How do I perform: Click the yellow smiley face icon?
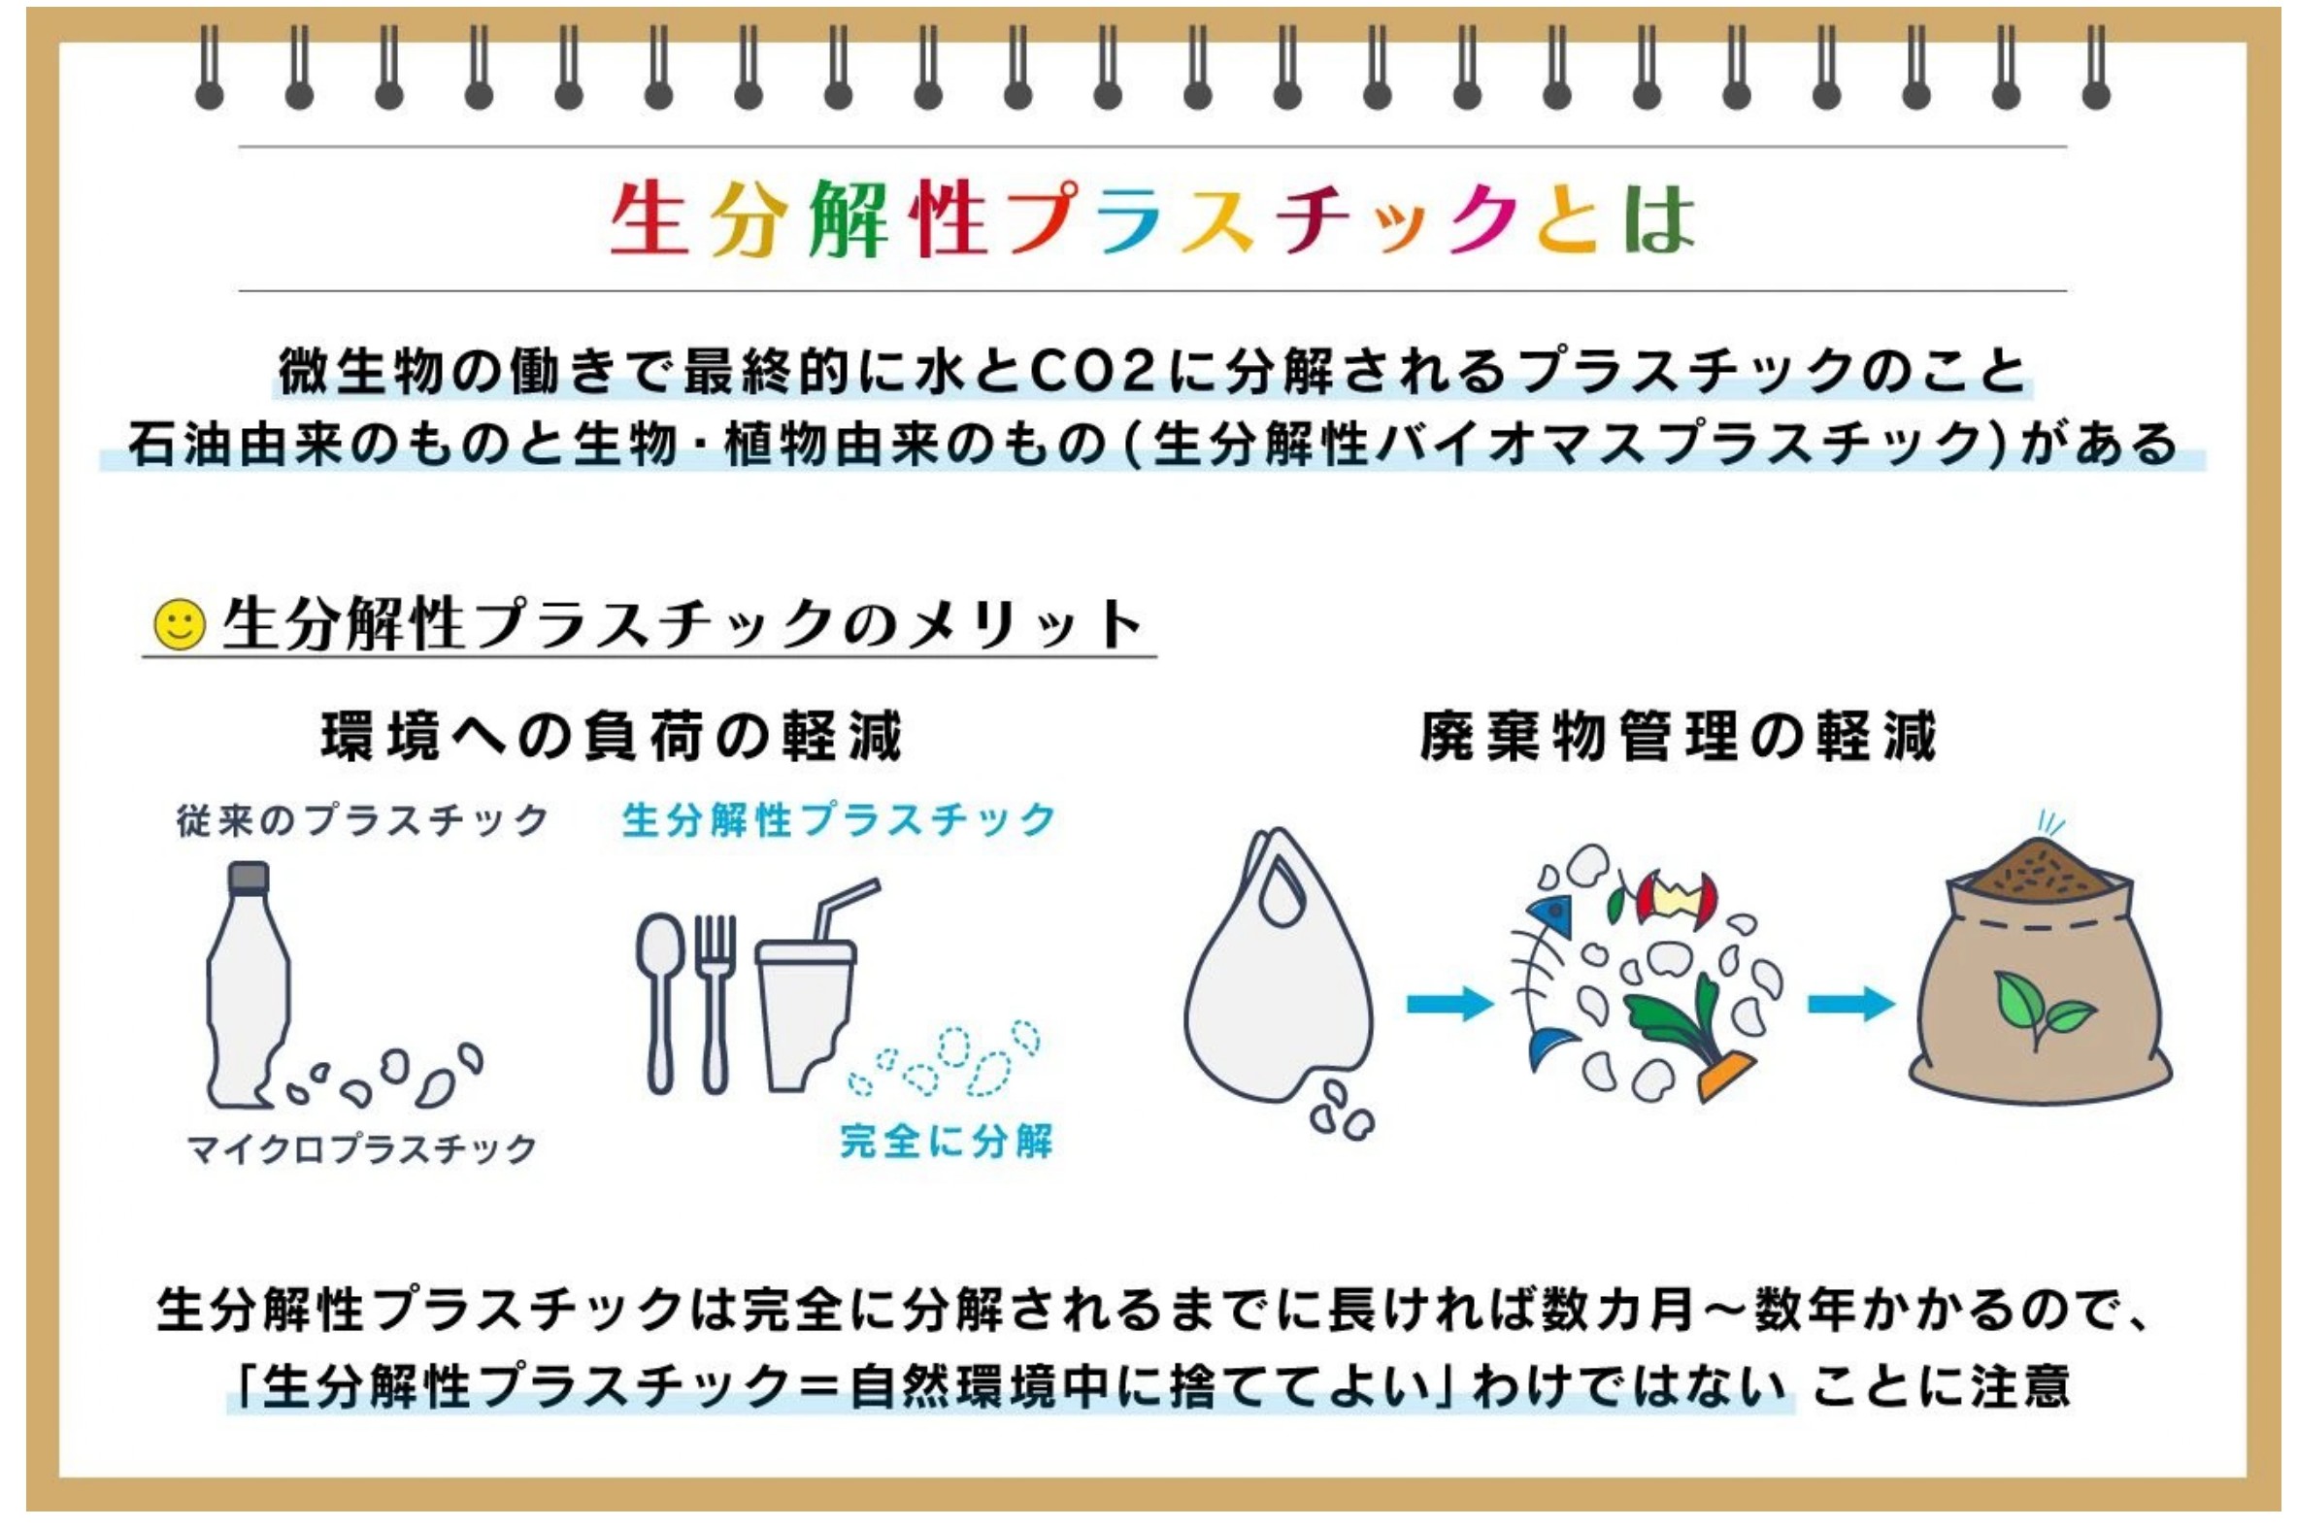(x=181, y=623)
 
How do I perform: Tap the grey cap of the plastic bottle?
(x=249, y=877)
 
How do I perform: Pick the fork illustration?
(x=715, y=1003)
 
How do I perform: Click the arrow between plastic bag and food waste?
(x=1449, y=1003)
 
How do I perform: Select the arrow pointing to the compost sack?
(x=1850, y=1003)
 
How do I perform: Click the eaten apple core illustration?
(x=1676, y=898)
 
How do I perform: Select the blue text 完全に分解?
(x=946, y=1141)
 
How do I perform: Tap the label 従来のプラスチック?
(x=362, y=820)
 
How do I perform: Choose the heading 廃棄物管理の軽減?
(x=1678, y=737)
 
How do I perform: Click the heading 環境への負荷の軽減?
(x=611, y=737)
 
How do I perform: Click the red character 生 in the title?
(x=648, y=218)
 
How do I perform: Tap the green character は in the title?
(x=1658, y=218)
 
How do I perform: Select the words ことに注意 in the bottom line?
(x=1940, y=1385)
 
